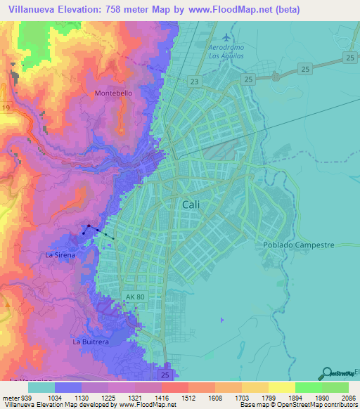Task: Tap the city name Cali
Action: pos(192,204)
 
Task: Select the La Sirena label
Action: pos(60,255)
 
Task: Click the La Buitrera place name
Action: pos(91,342)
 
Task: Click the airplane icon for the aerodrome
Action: pos(226,37)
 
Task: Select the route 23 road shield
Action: pos(195,82)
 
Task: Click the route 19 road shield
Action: pos(6,108)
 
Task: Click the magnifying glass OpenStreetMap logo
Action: pos(326,373)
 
